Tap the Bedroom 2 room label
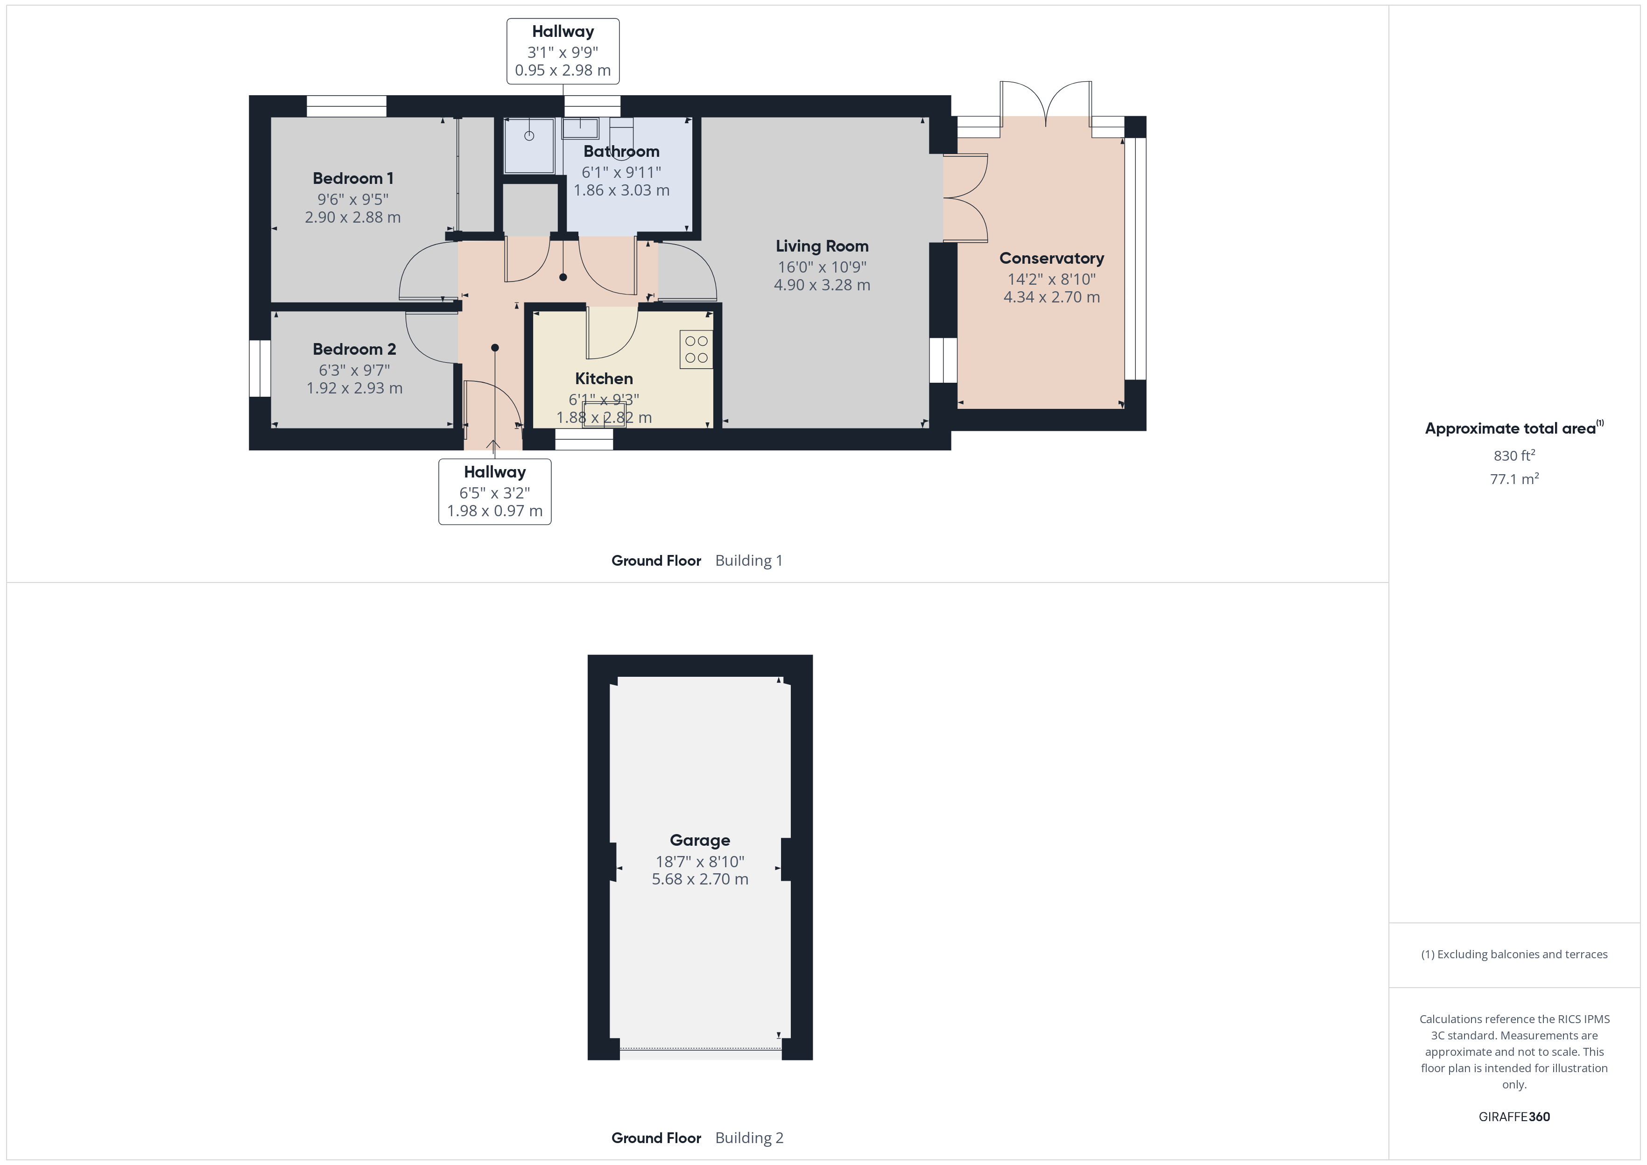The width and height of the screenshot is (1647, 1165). [x=354, y=349]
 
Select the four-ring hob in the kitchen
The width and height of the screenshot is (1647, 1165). [x=696, y=349]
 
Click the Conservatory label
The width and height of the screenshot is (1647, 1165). [x=1051, y=258]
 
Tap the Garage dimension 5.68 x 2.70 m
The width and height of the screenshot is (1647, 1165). [x=699, y=879]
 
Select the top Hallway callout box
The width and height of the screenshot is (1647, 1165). [x=563, y=51]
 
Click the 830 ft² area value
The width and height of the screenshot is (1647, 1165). [x=1513, y=456]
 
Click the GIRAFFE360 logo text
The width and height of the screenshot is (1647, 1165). [x=1513, y=1117]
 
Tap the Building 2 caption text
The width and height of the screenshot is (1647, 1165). [x=749, y=1138]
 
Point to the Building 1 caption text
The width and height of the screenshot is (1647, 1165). [x=748, y=561]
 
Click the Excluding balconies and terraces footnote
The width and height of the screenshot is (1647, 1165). [x=1513, y=954]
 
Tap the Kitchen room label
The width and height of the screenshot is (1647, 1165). [x=603, y=379]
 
